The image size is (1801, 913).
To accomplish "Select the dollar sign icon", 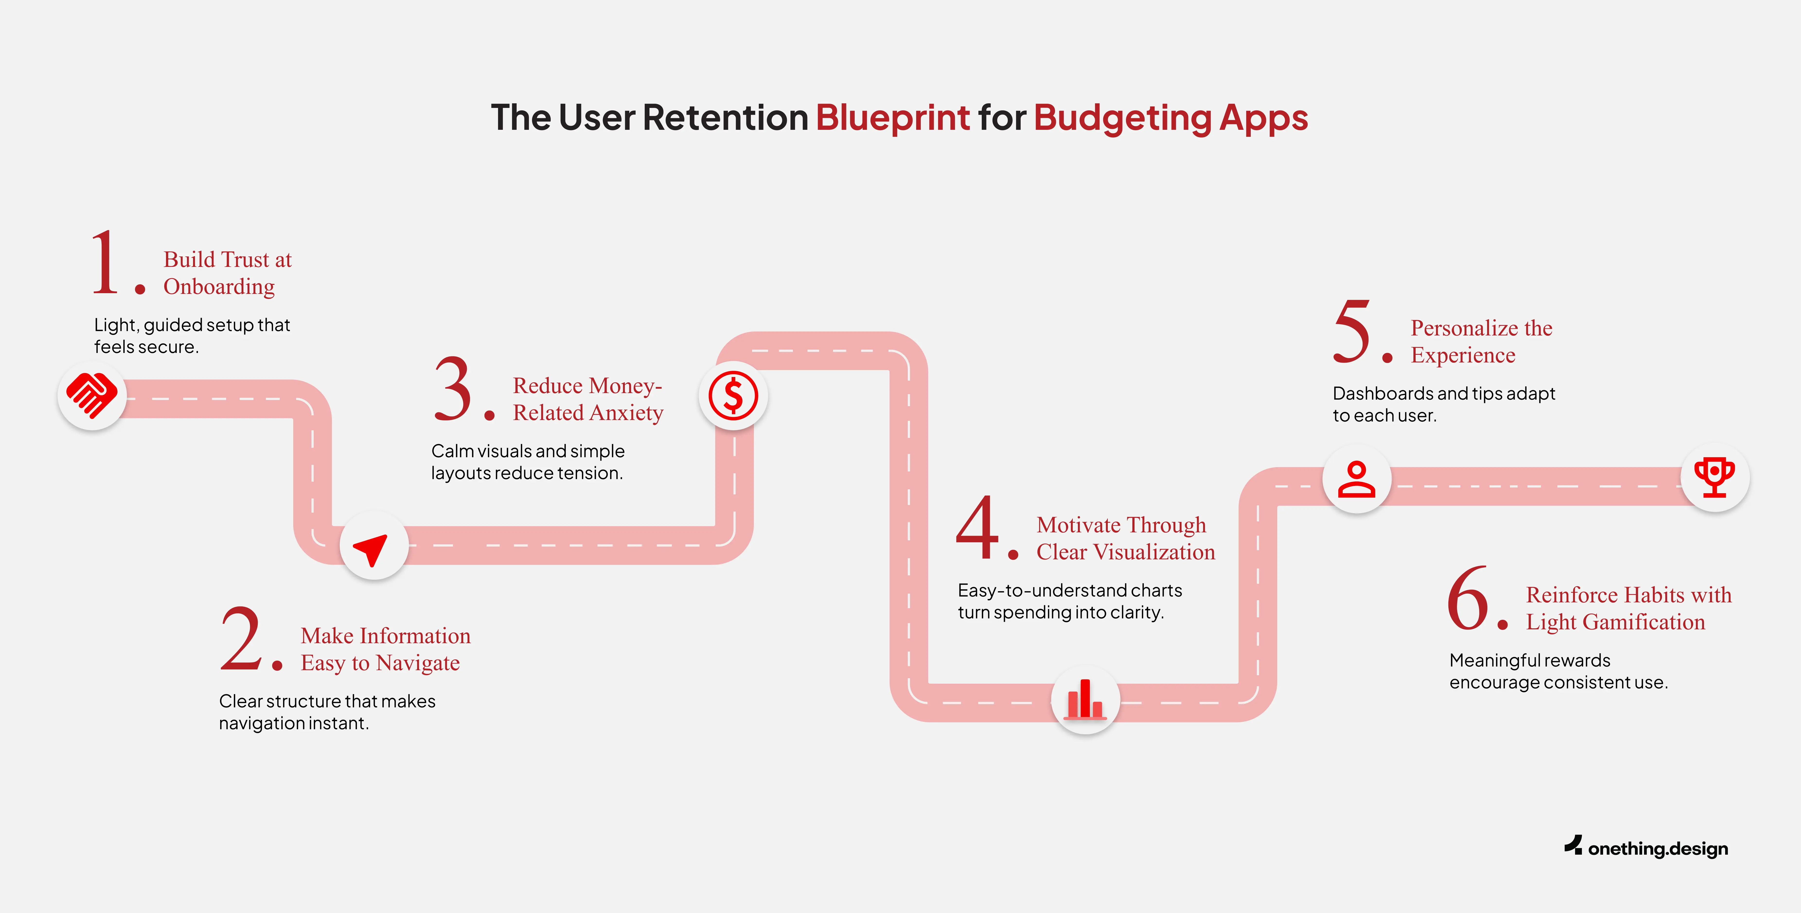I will click(733, 396).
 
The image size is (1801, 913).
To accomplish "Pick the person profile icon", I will click(1356, 480).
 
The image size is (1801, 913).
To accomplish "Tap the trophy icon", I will click(1714, 477).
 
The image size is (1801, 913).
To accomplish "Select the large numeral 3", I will click(453, 389).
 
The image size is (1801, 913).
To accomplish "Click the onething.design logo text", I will click(1657, 849).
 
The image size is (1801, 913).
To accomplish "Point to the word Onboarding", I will click(219, 287).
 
